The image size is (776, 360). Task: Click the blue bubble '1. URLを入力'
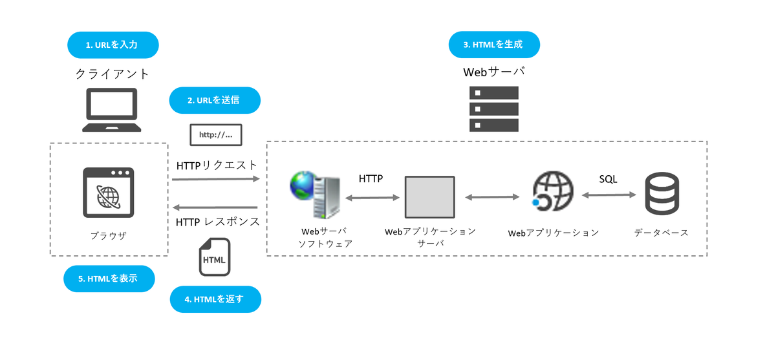tap(113, 45)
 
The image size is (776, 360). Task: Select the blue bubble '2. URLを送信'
tap(214, 100)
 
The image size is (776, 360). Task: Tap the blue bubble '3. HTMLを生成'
tap(494, 45)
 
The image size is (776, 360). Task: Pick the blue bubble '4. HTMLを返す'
tap(215, 299)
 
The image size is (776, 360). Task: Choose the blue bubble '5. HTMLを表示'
tap(109, 279)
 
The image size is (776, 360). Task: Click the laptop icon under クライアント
tap(112, 111)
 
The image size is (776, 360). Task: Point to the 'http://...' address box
tap(215, 135)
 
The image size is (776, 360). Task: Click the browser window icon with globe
tap(109, 193)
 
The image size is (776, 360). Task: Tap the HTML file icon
tap(215, 257)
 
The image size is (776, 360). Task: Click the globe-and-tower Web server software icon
tap(316, 195)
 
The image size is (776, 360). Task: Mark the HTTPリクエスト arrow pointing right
tap(215, 181)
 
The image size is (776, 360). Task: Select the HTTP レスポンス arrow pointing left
tap(215, 207)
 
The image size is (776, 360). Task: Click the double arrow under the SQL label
tap(607, 193)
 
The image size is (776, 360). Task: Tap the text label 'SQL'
tap(608, 179)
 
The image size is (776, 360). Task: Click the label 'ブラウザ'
tap(109, 236)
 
